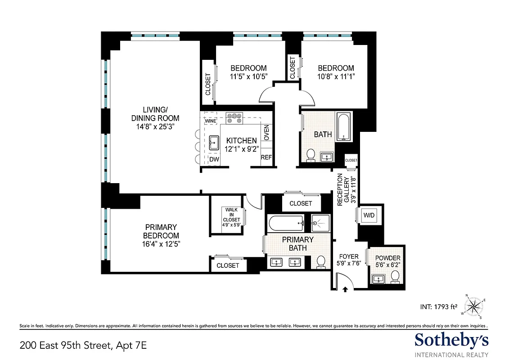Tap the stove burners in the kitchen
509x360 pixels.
pyautogui.click(x=234, y=118)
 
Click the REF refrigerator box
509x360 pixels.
pyautogui.click(x=266, y=158)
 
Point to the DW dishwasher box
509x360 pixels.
pyautogui.click(x=214, y=159)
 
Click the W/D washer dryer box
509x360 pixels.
pyautogui.click(x=369, y=216)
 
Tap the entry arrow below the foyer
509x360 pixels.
pyautogui.click(x=345, y=290)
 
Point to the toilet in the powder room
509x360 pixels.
pyautogui.click(x=395, y=276)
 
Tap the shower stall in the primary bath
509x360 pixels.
pyautogui.click(x=321, y=222)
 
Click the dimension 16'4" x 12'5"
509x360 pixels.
pyautogui.click(x=161, y=243)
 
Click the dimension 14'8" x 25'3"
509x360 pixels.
pyautogui.click(x=155, y=126)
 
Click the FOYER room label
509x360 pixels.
pyautogui.click(x=349, y=257)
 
